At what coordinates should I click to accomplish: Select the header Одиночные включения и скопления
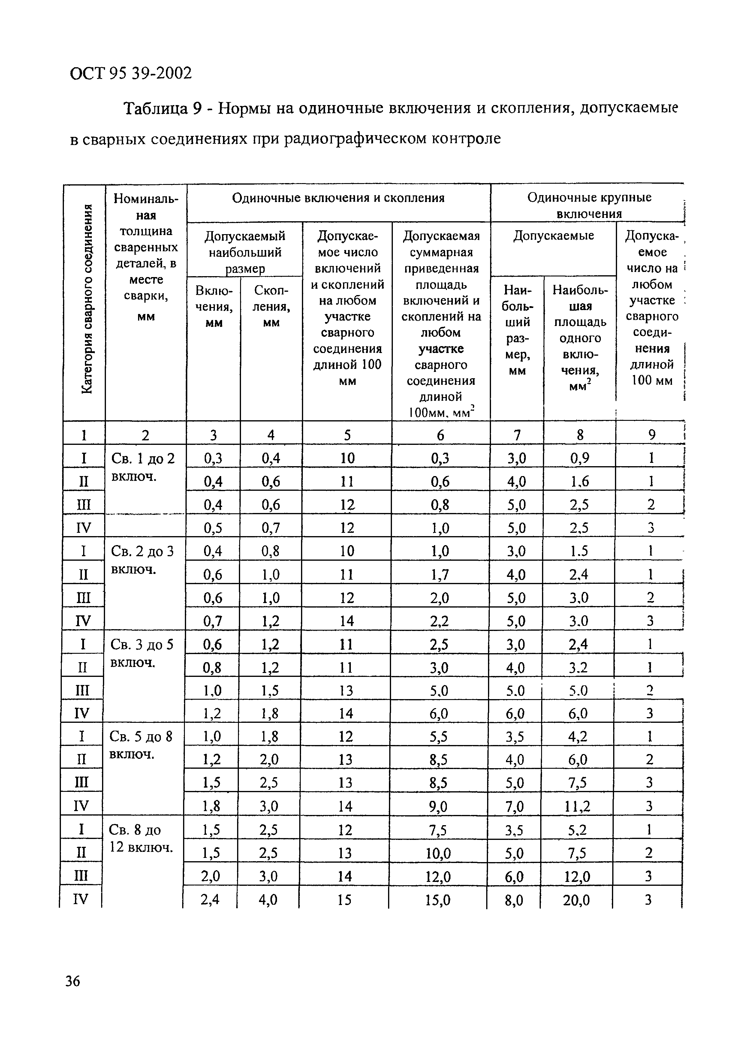(x=338, y=198)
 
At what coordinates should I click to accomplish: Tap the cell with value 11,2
(x=576, y=806)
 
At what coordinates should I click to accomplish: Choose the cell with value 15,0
(x=437, y=900)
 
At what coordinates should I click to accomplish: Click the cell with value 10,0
(x=438, y=853)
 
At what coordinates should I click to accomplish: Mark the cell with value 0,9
(x=580, y=458)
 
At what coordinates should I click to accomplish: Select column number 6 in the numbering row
(x=441, y=434)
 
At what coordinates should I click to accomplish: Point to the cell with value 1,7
(x=440, y=574)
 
